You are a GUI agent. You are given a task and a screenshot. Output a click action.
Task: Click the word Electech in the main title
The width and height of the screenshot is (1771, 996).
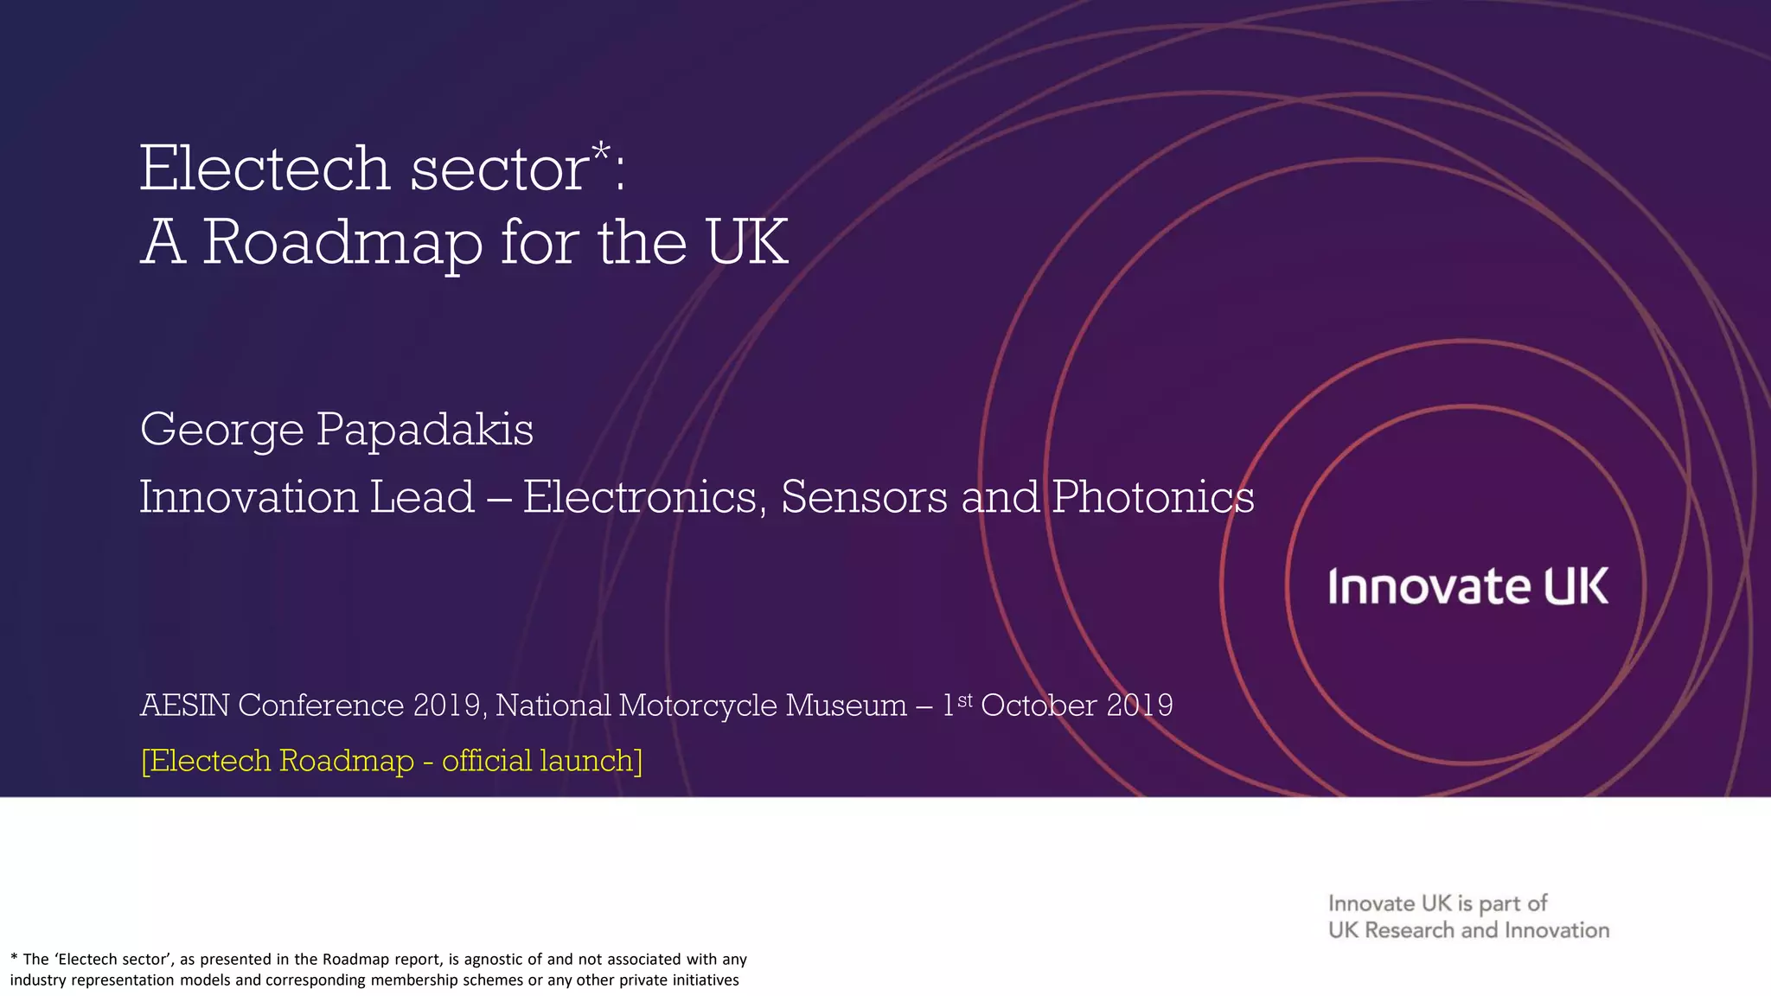click(265, 169)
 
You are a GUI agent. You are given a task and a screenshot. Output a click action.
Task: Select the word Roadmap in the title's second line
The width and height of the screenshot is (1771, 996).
click(342, 243)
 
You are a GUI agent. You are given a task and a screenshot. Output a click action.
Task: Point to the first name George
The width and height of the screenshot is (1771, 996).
click(222, 430)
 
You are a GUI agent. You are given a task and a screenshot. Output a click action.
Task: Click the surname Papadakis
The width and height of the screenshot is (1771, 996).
click(425, 430)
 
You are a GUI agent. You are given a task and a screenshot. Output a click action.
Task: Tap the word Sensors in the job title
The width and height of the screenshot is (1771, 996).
click(864, 497)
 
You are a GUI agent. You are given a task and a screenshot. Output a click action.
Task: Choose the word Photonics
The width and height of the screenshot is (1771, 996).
click(1153, 497)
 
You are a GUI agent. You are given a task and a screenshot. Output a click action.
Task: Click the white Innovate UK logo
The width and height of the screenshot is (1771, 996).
click(1468, 587)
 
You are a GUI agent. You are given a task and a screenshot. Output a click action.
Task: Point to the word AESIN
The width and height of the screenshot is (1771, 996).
click(185, 705)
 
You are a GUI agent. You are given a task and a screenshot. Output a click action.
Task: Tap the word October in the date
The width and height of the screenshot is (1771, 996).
click(1039, 705)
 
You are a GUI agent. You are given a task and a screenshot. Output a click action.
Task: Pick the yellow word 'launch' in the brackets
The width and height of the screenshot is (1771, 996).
click(591, 761)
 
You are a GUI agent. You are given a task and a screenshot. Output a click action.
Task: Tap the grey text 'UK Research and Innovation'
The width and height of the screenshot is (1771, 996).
click(1468, 930)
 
